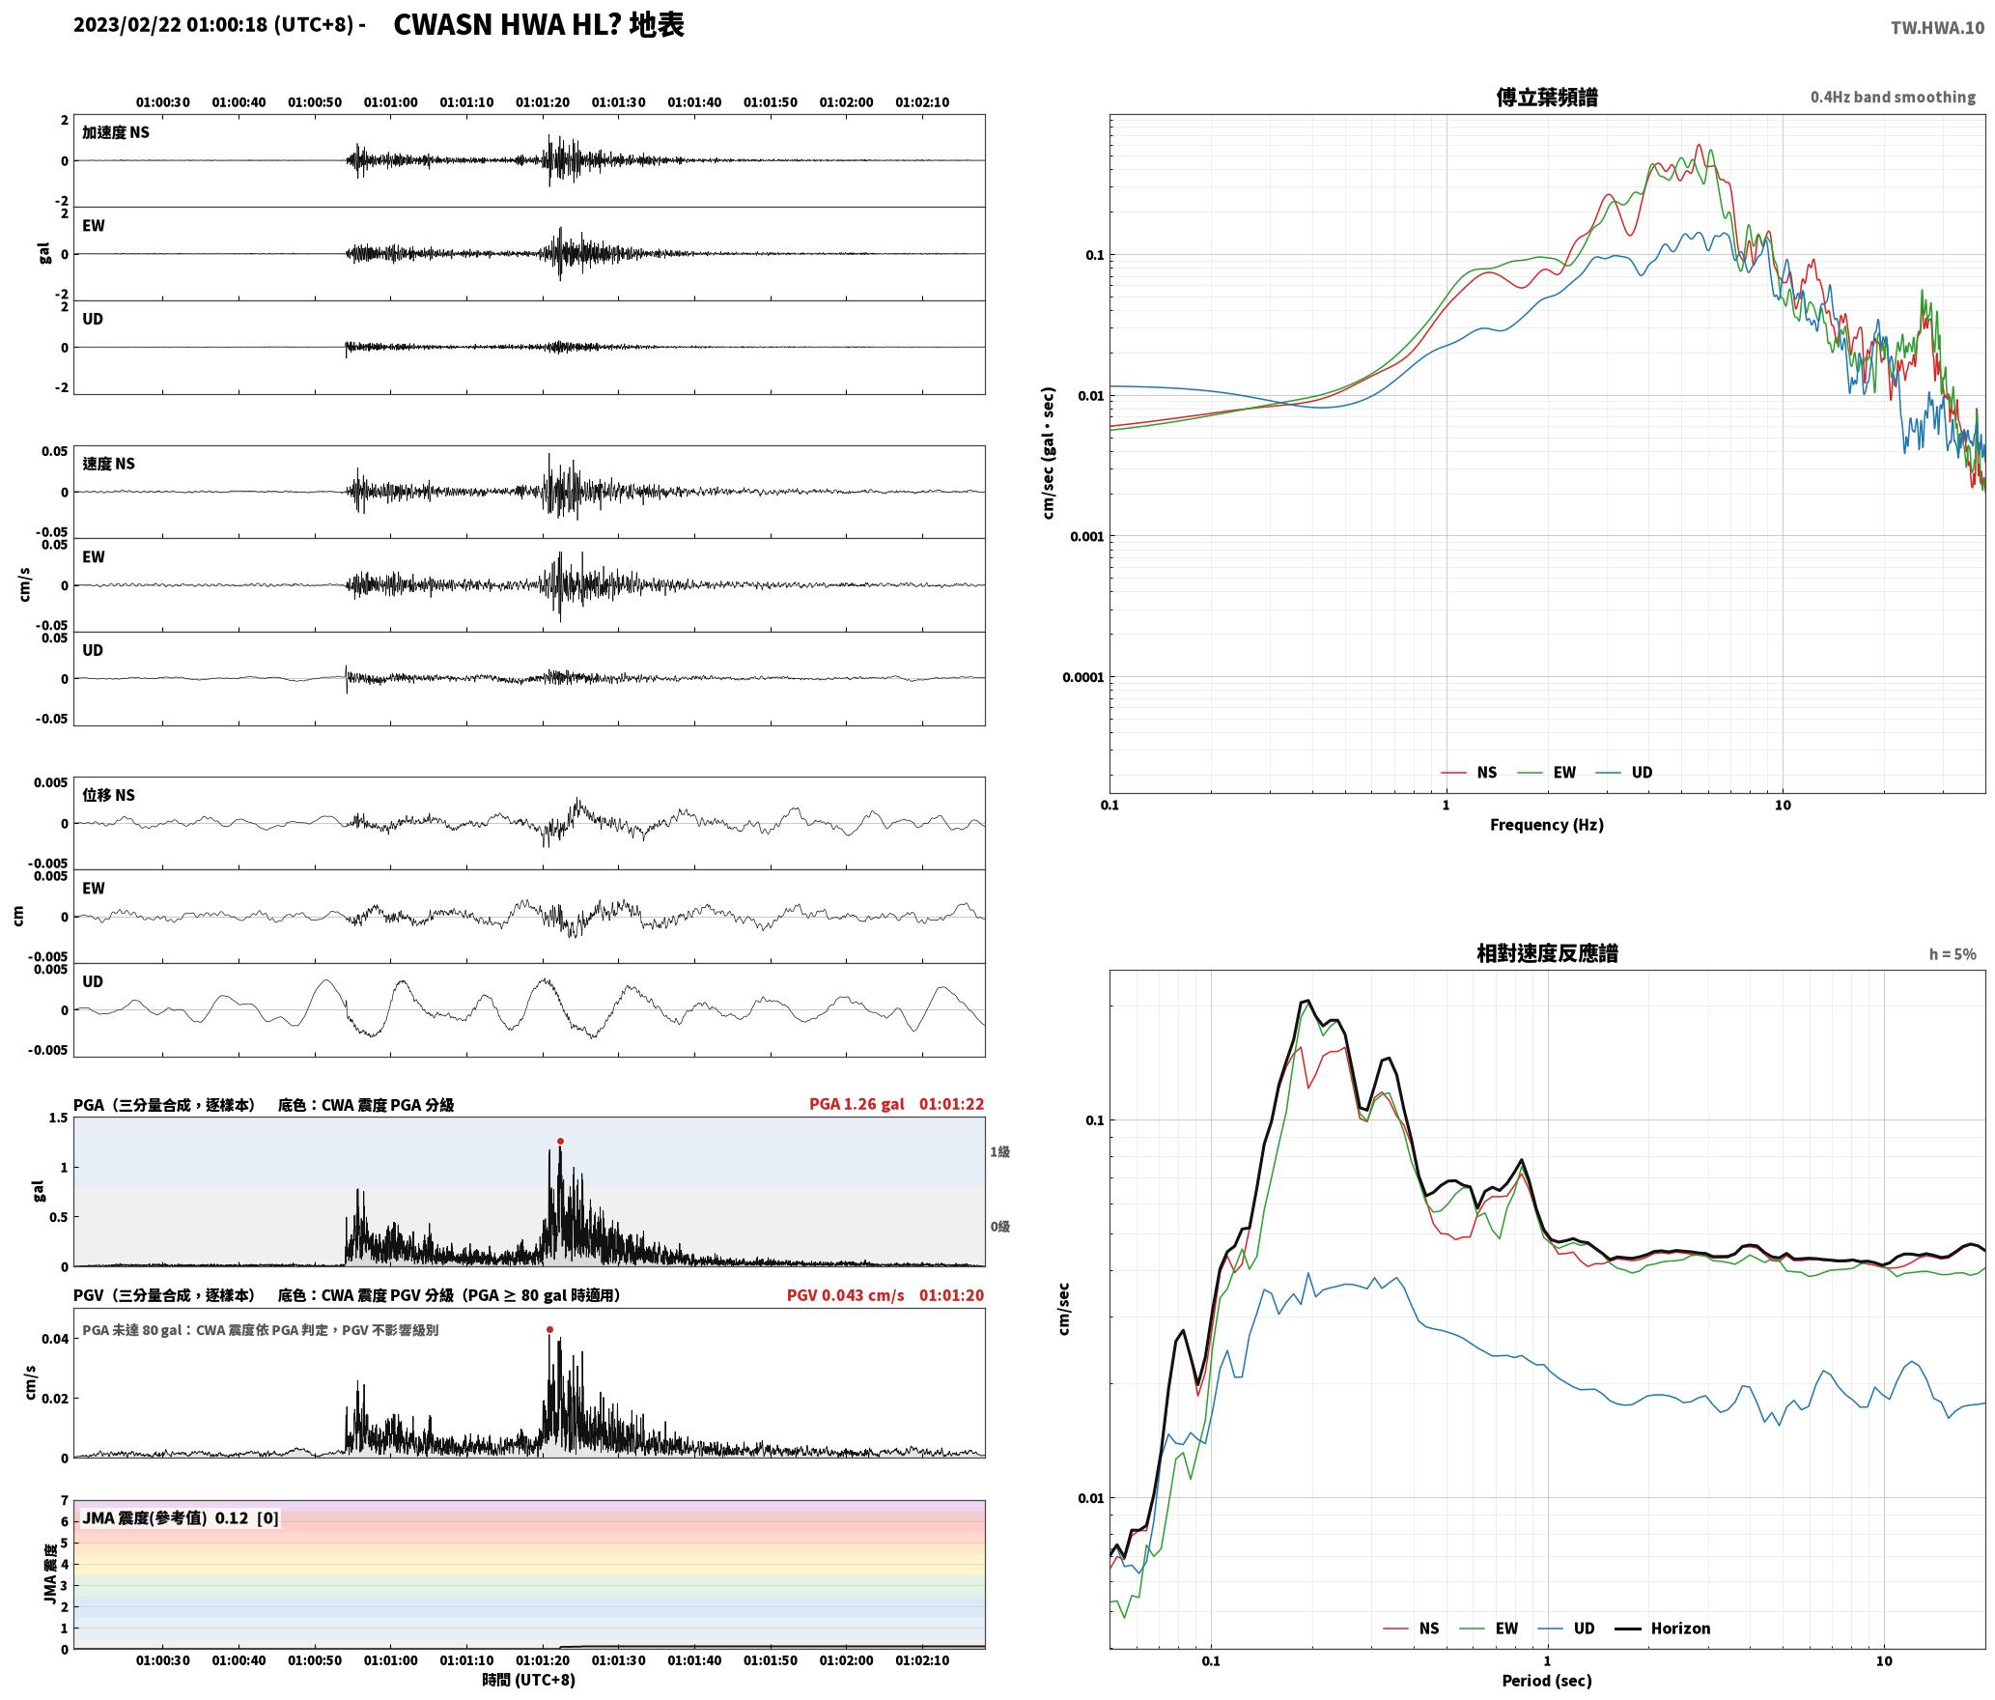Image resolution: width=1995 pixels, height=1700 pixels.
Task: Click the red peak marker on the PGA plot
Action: [x=560, y=1141]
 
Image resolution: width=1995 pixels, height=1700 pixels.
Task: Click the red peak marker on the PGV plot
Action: [x=549, y=1329]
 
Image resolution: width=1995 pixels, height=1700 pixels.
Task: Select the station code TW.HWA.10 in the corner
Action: [x=1937, y=28]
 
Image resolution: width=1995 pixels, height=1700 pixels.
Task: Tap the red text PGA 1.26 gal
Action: [x=857, y=1104]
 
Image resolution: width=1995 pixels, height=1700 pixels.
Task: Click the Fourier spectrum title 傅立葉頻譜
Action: [x=1546, y=97]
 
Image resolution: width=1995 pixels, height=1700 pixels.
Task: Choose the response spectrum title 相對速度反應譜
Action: [x=1547, y=953]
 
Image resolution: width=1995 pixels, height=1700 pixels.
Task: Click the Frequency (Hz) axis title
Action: [x=1546, y=824]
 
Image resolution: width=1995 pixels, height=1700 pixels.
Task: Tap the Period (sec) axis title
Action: [x=1546, y=1681]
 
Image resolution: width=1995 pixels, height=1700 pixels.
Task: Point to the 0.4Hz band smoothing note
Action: [x=1893, y=97]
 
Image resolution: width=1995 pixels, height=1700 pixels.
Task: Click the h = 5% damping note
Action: [x=1953, y=954]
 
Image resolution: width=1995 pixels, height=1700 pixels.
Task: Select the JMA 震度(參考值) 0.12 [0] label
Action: [x=181, y=1517]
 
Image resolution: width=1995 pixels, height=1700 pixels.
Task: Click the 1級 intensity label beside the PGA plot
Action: [x=999, y=1151]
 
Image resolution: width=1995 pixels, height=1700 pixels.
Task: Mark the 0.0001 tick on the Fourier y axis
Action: [x=1082, y=677]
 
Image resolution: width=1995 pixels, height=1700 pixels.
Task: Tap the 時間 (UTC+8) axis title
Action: [x=529, y=1680]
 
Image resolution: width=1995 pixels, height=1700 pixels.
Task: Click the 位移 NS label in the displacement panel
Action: [x=109, y=795]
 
